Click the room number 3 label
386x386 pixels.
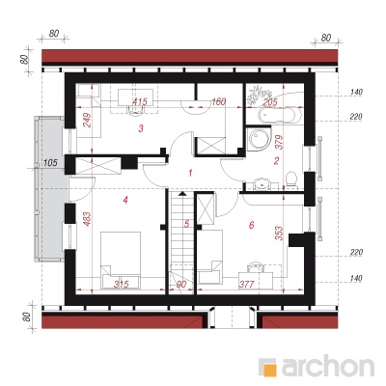pos(141,129)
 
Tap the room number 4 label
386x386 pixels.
pos(125,200)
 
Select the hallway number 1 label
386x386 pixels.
pos(190,174)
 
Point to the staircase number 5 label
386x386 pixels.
pos(187,224)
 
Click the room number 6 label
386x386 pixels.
pos(252,225)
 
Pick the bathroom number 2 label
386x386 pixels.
pos(276,161)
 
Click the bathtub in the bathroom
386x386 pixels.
pos(280,115)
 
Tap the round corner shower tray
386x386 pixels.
pos(260,139)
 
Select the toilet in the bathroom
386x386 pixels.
pos(291,179)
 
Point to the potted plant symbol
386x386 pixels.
pos(259,94)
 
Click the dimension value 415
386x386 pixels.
pos(140,102)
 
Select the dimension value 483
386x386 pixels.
pos(88,219)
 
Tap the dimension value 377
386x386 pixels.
pos(247,285)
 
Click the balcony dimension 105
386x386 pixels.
pos(50,163)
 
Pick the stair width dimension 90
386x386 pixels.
pos(181,285)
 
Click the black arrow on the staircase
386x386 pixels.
pos(182,193)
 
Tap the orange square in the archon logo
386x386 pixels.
pos(271,370)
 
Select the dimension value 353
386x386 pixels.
pos(279,234)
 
